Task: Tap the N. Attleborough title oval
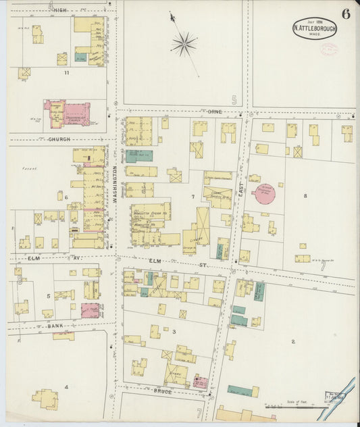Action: pos(315,29)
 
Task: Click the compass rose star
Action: pos(183,44)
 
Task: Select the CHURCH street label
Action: pos(59,139)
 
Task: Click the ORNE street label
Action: pos(215,111)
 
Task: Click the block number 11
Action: pos(66,72)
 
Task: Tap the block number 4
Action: pos(66,386)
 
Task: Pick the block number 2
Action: pos(292,341)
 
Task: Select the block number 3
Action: pos(174,332)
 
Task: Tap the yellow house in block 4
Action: pos(45,399)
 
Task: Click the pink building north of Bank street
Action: pos(90,310)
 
